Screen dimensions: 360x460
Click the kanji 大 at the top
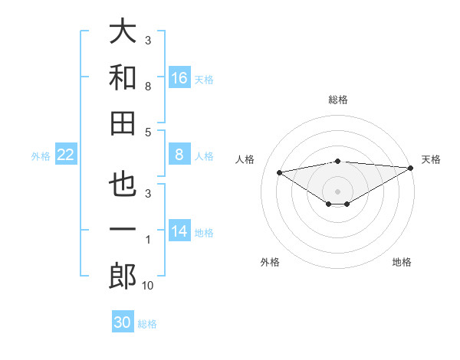[123, 32]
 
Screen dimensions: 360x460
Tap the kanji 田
[123, 122]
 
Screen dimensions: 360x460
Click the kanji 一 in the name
[123, 231]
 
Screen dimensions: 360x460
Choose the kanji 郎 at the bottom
[123, 276]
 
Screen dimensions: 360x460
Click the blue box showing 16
[179, 77]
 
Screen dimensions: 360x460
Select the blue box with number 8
[179, 155]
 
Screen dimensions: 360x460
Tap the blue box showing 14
[179, 231]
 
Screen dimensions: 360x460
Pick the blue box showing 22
[65, 155]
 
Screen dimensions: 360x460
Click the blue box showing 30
[123, 322]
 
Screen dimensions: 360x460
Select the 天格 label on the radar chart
[431, 159]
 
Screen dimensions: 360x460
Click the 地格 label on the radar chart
[402, 262]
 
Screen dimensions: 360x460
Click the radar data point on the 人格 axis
[279, 172]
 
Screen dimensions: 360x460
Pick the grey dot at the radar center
[337, 191]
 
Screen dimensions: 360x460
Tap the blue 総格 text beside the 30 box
[147, 324]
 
